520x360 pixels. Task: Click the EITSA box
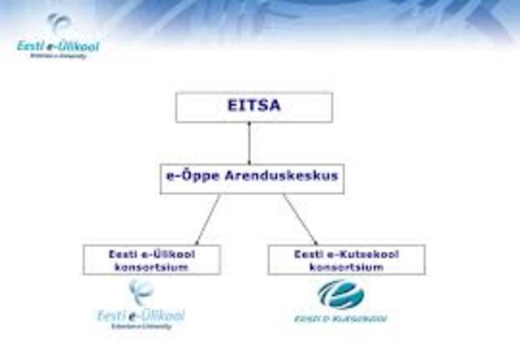tap(253, 106)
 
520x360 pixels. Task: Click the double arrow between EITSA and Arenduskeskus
tap(249, 142)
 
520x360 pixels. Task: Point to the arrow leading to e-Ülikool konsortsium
tap(208, 219)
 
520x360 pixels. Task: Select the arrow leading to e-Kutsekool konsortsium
tap(299, 219)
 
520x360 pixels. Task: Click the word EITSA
tap(253, 106)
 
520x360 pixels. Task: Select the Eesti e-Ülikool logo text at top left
tap(58, 46)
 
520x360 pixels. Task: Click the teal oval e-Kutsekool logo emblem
tap(340, 293)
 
